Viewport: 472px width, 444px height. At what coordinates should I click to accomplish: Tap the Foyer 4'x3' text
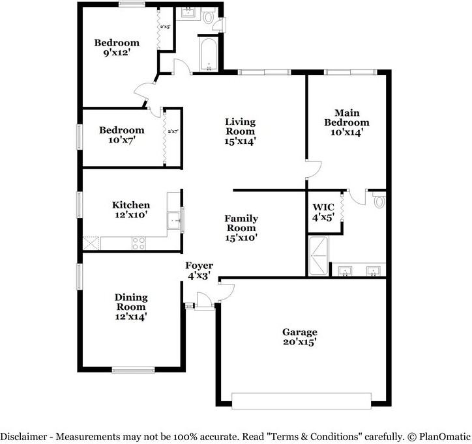199,270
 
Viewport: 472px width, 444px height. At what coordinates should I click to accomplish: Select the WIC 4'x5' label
323,213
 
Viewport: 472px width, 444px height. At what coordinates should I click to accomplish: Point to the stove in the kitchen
139,243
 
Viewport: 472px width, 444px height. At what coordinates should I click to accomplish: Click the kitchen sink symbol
174,221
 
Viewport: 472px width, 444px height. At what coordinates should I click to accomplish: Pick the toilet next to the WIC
379,201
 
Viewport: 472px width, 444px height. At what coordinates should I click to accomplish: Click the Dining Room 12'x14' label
132,307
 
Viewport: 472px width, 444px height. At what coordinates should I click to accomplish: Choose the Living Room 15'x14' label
241,131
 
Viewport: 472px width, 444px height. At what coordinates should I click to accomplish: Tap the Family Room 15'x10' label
241,228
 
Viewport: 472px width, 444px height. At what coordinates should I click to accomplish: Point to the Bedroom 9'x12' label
117,48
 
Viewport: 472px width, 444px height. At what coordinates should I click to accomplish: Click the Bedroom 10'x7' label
121,134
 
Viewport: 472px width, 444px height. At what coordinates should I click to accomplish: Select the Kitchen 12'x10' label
130,209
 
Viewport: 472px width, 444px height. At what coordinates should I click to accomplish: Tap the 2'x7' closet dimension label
173,132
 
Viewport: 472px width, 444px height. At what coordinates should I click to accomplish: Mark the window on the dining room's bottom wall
133,370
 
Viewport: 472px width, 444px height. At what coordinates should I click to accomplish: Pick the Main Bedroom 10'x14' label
351,122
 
